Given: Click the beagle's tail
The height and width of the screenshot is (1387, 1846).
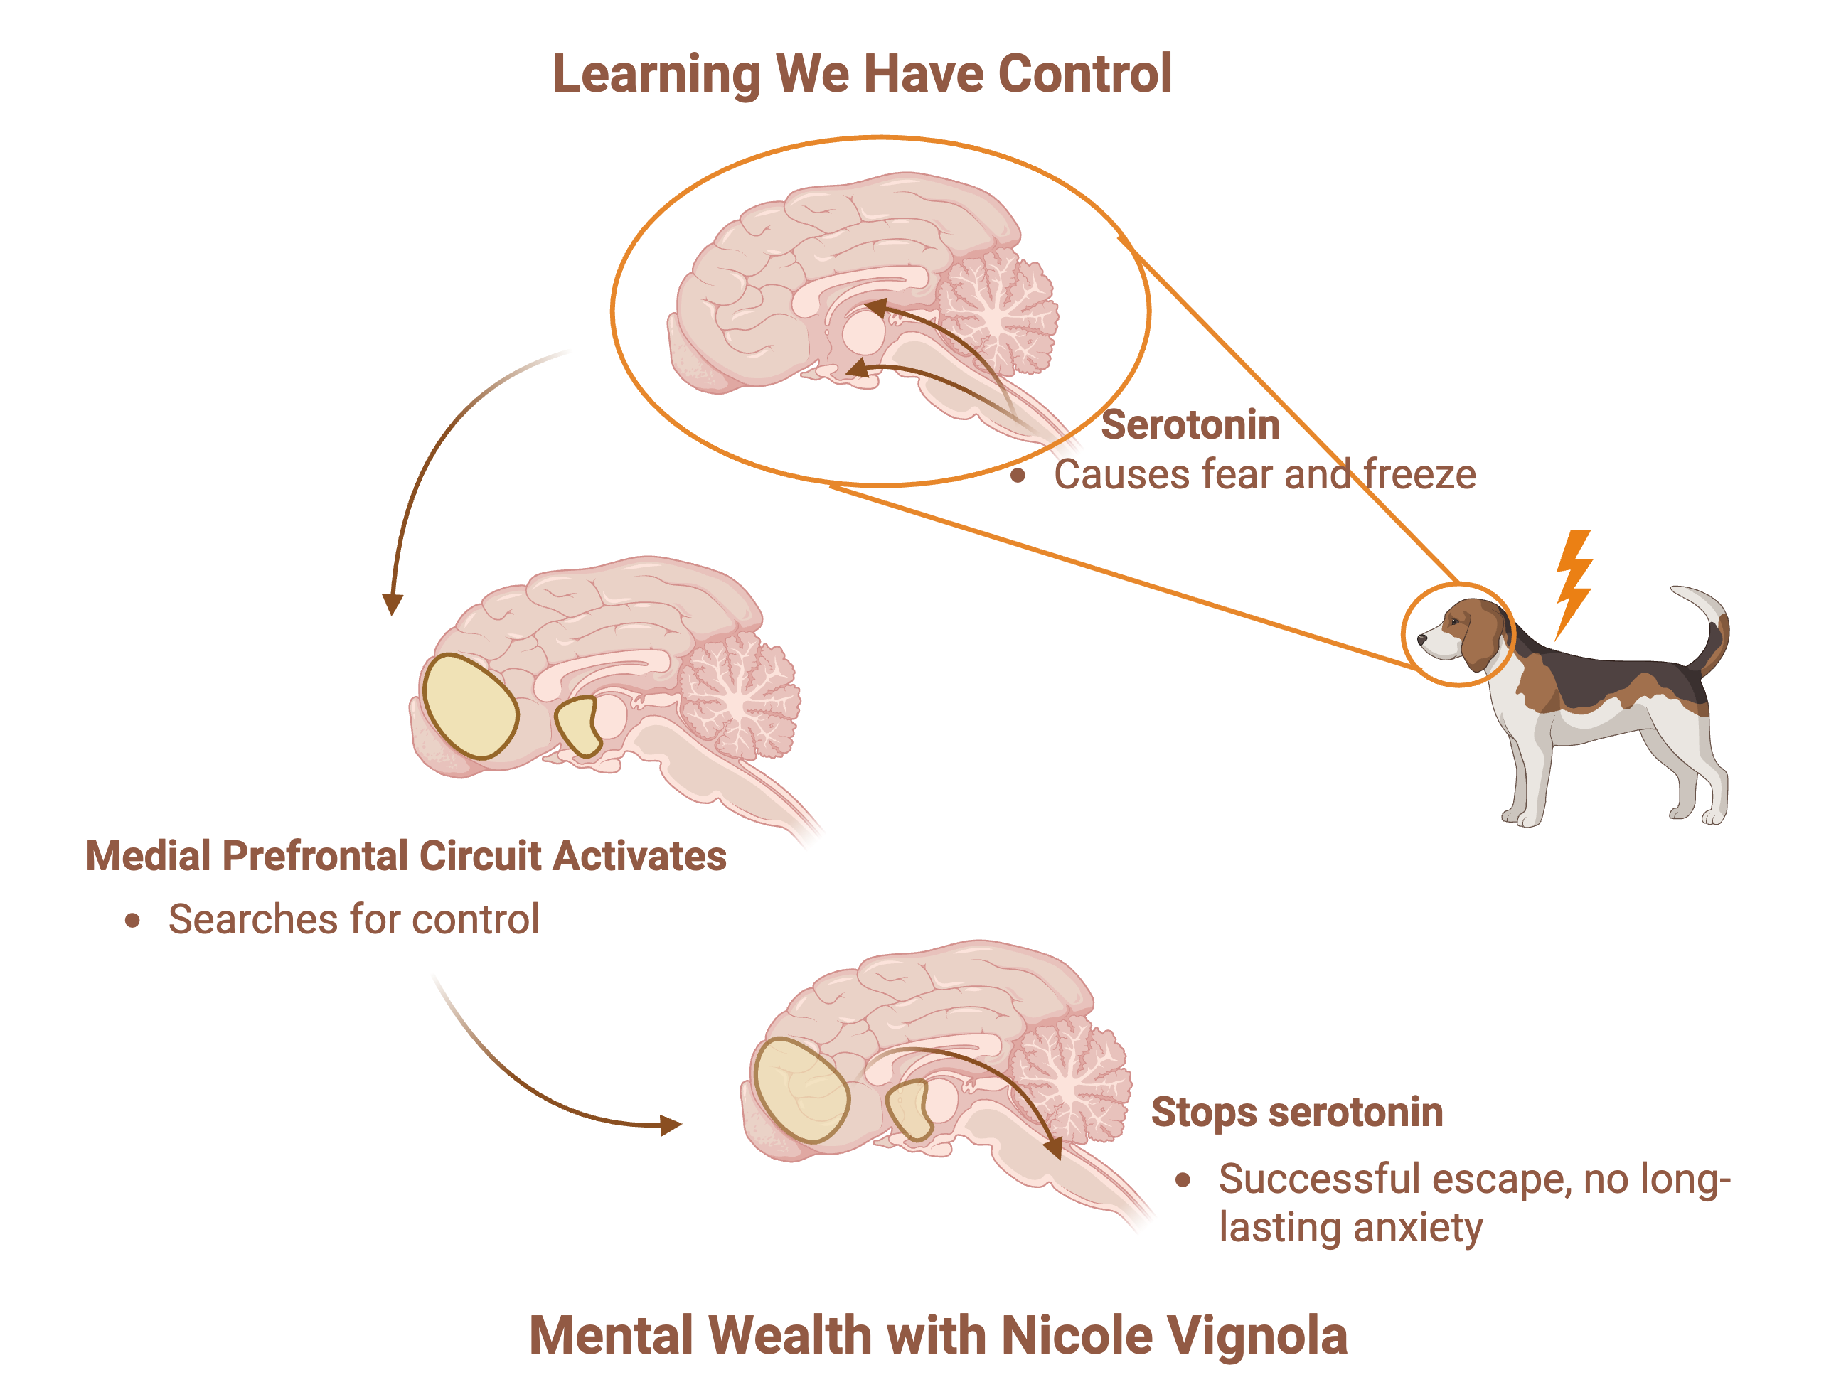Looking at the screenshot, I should [x=1711, y=622].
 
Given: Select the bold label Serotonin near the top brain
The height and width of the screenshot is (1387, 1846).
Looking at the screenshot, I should [x=1190, y=425].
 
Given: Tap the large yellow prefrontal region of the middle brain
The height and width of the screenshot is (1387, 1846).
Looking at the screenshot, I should [x=469, y=706].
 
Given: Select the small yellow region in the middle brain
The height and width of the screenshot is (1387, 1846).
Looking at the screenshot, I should [x=578, y=724].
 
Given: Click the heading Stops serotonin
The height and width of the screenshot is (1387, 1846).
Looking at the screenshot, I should [x=1296, y=1113].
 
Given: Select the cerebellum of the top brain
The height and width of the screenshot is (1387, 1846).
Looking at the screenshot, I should [x=997, y=313].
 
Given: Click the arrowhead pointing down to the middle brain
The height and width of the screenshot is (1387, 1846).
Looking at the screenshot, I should [x=391, y=604].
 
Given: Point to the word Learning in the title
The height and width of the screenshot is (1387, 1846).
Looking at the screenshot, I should [x=656, y=73].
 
